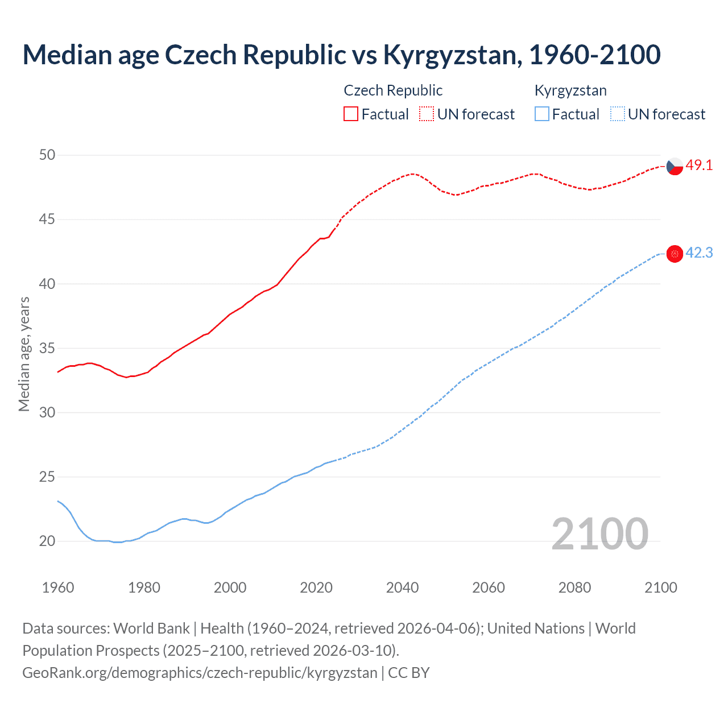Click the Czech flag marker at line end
[x=675, y=166]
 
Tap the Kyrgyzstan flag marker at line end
[x=675, y=254]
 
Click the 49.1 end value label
[x=699, y=166]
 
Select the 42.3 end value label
[x=699, y=253]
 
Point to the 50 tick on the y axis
[x=47, y=155]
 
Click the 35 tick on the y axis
[x=47, y=348]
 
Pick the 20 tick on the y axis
[x=47, y=541]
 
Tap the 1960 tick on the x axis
[x=58, y=588]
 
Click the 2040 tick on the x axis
[x=402, y=588]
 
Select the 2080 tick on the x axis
[x=574, y=588]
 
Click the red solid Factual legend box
[x=351, y=114]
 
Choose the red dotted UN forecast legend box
[x=427, y=114]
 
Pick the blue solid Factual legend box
[x=542, y=114]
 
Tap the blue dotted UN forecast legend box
[x=617, y=114]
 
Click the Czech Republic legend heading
[x=393, y=90]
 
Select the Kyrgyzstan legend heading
[x=570, y=90]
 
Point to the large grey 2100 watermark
[x=599, y=533]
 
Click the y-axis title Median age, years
[x=24, y=354]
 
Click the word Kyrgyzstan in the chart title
[x=449, y=55]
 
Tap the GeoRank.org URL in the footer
[x=200, y=673]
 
